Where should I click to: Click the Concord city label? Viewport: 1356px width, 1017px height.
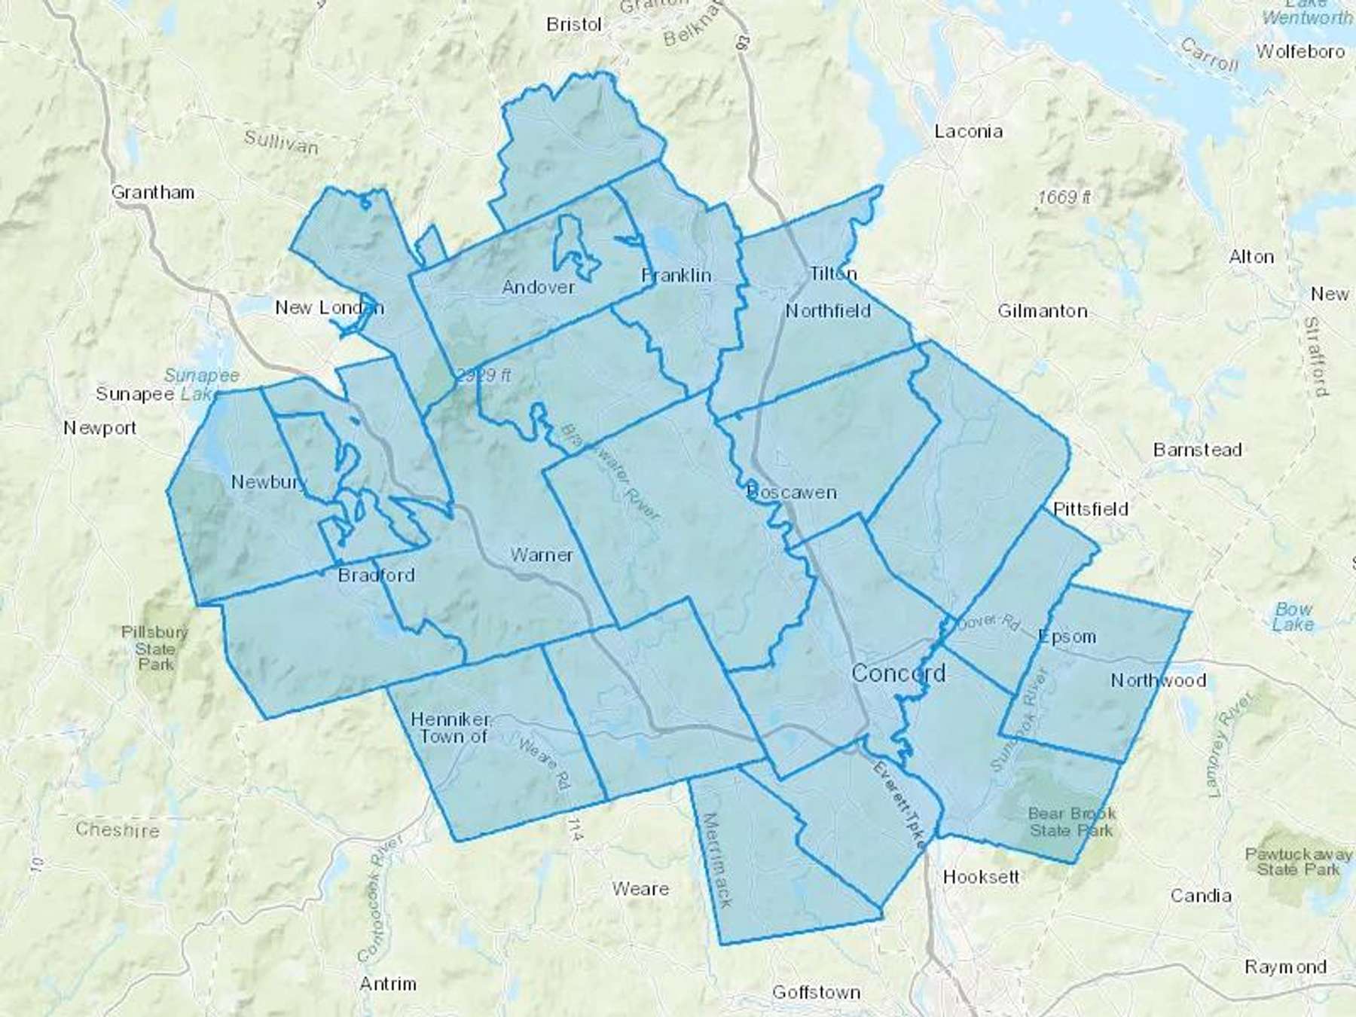pos(898,673)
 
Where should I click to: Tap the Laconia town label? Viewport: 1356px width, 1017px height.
pos(968,132)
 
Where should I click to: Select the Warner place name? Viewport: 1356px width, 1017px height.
pos(542,555)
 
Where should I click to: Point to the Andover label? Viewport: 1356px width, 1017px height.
pos(538,287)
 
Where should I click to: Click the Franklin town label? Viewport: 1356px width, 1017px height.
pos(676,276)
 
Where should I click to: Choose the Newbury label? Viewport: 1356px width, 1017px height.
pos(268,482)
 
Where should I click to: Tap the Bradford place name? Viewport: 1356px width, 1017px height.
pos(376,576)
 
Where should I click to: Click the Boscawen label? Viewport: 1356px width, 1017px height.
pos(792,493)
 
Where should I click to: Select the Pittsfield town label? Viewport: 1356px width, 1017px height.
pos(1090,509)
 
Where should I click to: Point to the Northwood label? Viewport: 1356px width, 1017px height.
pos(1158,681)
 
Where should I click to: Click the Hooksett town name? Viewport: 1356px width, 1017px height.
pos(981,877)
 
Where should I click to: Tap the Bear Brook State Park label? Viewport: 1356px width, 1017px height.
pos(1071,822)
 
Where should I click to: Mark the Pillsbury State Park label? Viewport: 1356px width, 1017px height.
pos(155,648)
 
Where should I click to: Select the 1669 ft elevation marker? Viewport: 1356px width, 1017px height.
pos(1064,197)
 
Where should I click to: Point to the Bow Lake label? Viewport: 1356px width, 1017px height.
pos(1293,617)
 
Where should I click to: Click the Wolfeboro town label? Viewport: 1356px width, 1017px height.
pos(1300,52)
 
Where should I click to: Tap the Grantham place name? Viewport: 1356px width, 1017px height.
pos(153,193)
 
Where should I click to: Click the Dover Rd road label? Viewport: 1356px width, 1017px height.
pos(988,622)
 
